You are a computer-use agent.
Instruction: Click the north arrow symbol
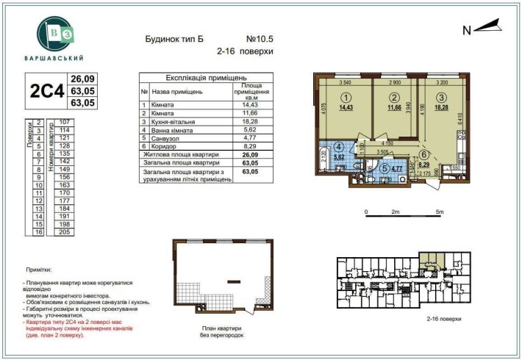point(486,28)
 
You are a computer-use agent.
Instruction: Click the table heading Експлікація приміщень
point(205,77)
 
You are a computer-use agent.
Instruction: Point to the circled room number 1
point(341,97)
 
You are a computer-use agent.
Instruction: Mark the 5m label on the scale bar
point(440,212)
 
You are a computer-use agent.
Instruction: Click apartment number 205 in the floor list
point(65,231)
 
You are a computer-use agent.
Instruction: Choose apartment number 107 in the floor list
point(65,122)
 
